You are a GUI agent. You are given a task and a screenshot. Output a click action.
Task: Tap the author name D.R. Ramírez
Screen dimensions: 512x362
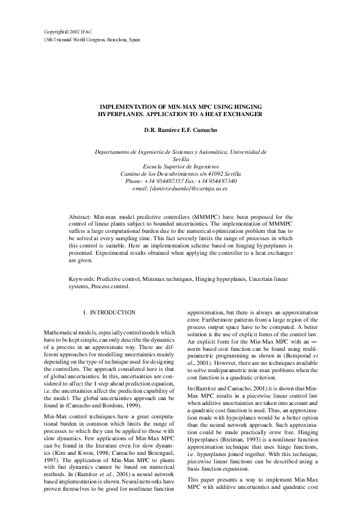tap(161, 130)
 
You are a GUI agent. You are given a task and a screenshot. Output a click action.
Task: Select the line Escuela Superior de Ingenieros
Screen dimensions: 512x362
tap(181, 166)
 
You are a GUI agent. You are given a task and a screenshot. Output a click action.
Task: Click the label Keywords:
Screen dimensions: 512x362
tap(82, 278)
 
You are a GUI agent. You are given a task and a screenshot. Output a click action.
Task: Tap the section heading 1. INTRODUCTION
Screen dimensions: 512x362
tap(108, 313)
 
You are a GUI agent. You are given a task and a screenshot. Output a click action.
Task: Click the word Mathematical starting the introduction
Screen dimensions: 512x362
tap(64, 333)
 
